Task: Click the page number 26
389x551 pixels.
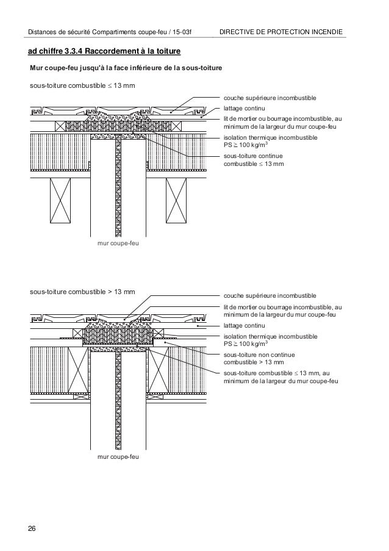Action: tap(31, 528)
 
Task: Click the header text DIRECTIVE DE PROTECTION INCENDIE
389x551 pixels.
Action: tap(280, 31)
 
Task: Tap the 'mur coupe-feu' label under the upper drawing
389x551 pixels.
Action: tap(118, 243)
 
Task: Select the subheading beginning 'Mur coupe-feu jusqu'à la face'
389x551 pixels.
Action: tap(122, 67)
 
